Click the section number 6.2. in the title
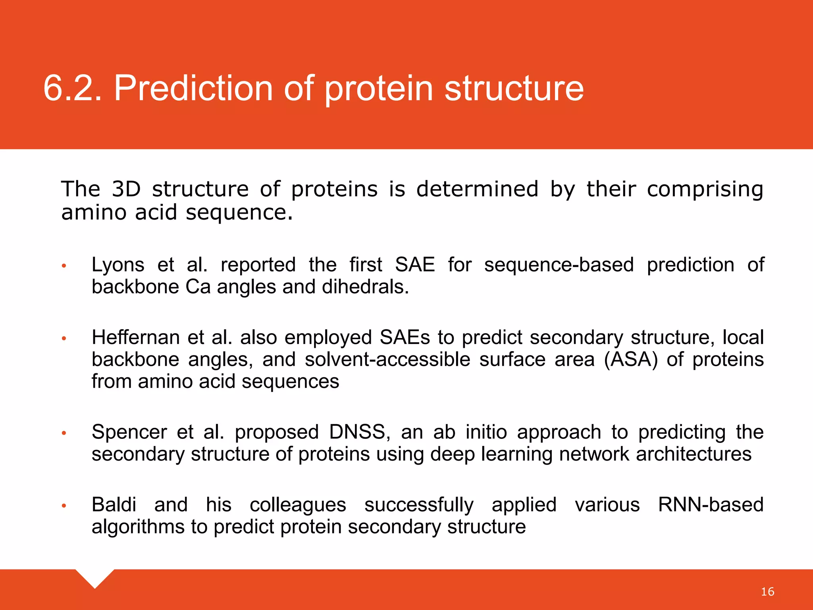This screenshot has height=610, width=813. tap(72, 88)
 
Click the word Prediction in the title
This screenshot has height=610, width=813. tap(193, 88)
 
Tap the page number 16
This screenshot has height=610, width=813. tap(767, 592)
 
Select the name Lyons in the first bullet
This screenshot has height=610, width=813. tap(118, 265)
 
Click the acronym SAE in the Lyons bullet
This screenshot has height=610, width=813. tap(415, 265)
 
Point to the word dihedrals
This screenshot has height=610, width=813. tap(365, 287)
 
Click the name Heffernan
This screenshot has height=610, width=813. tap(135, 338)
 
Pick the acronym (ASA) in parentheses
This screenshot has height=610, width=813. tap(631, 360)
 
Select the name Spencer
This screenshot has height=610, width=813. tap(129, 432)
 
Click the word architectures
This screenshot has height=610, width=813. tap(694, 454)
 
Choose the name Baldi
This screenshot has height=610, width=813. tap(114, 505)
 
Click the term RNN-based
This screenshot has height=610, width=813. tap(711, 505)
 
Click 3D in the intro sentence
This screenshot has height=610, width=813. tap(126, 189)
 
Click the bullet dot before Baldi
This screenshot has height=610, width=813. tap(64, 506)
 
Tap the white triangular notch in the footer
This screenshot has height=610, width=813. tap(95, 577)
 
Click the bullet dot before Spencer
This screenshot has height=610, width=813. tap(64, 433)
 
